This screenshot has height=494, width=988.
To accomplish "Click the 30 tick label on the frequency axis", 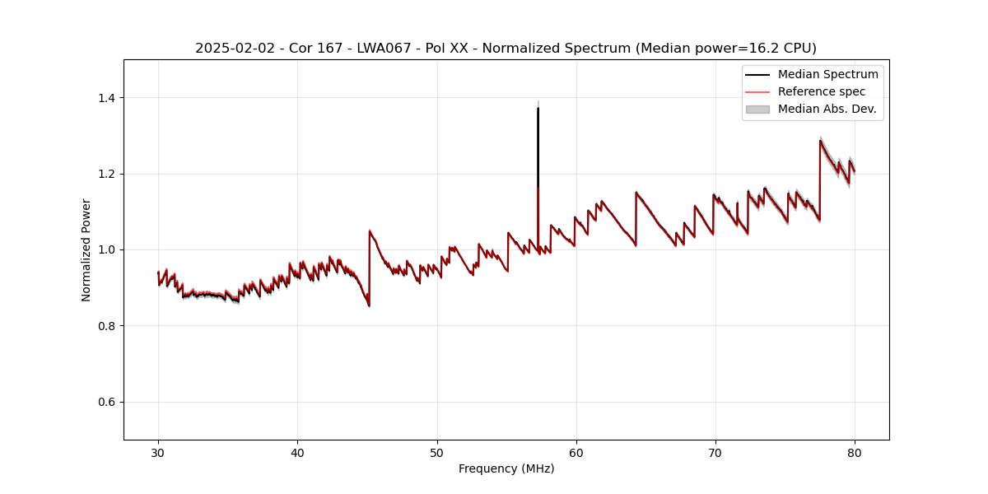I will click(158, 452).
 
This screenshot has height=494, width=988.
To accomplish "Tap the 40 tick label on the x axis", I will click(297, 452).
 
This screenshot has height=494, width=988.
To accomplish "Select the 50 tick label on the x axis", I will click(437, 452).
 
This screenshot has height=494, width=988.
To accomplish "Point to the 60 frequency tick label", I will click(576, 452).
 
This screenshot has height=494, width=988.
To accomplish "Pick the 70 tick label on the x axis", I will click(715, 452).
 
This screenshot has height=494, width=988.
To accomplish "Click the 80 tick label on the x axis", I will click(855, 452).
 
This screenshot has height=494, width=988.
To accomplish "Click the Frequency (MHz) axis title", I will click(506, 468).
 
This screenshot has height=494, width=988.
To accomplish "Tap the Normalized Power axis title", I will click(86, 249).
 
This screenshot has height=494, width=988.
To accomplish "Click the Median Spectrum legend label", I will click(827, 74).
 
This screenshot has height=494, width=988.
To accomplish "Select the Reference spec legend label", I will click(822, 91).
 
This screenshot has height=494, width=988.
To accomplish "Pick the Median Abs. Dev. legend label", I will click(827, 109).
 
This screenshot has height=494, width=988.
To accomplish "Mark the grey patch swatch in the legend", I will click(757, 109).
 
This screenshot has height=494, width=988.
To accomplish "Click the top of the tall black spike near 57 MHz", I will click(538, 108).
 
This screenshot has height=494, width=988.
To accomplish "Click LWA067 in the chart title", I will click(381, 49).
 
